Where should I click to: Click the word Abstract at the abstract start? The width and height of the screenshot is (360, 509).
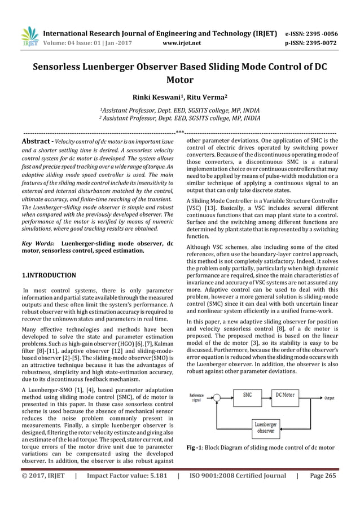coord(37,141)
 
